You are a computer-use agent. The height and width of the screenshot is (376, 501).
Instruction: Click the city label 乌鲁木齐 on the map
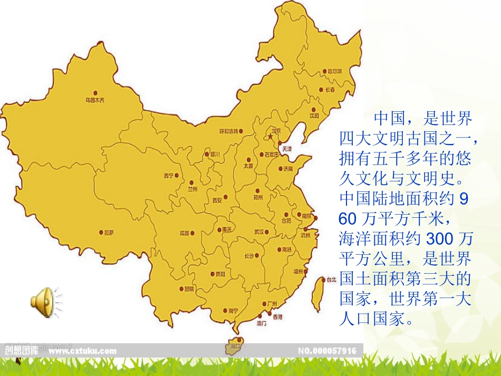pyautogui.click(x=95, y=100)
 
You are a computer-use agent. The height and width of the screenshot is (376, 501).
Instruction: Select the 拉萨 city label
pyautogui.click(x=109, y=232)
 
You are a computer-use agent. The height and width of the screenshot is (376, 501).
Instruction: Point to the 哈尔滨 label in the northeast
pyautogui.click(x=335, y=71)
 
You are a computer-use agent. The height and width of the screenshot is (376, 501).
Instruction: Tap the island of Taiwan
pyautogui.click(x=317, y=293)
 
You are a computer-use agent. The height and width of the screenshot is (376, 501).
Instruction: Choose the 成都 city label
pyautogui.click(x=184, y=233)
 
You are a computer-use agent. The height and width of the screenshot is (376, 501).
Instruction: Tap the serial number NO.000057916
pyautogui.click(x=327, y=350)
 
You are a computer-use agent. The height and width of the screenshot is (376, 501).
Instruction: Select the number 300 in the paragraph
pyautogui.click(x=439, y=239)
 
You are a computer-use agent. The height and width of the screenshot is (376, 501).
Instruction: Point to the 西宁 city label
pyautogui.click(x=168, y=176)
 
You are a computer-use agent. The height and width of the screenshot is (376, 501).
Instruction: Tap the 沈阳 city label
pyautogui.click(x=314, y=115)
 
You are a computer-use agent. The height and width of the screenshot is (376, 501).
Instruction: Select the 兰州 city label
pyautogui.click(x=191, y=189)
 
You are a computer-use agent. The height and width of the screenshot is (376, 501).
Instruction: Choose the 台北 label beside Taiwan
pyautogui.click(x=331, y=279)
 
